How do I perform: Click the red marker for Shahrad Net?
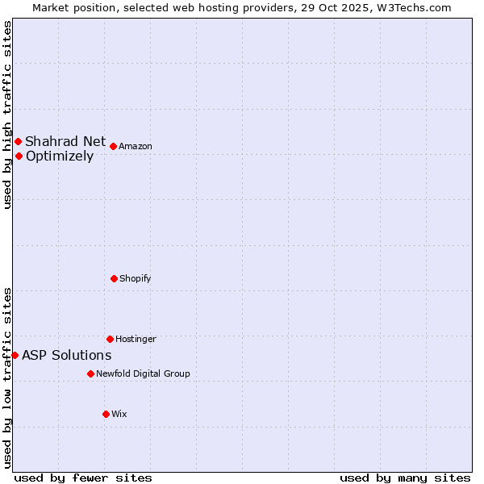tap(18, 142)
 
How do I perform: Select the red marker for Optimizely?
tap(19, 156)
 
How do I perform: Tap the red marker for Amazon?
tap(113, 146)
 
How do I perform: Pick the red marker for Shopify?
tap(114, 278)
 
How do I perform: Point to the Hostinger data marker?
tap(110, 339)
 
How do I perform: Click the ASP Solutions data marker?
tap(15, 355)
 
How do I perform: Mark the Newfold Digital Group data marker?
tap(90, 373)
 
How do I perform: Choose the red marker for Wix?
tap(106, 414)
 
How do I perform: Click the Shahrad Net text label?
tap(65, 142)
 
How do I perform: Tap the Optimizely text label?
tap(60, 156)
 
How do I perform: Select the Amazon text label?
tap(136, 146)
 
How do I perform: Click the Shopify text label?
tap(136, 278)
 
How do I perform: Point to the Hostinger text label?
tap(136, 339)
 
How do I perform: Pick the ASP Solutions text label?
tap(66, 356)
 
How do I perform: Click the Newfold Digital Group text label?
tap(143, 373)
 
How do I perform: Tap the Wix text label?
tap(119, 414)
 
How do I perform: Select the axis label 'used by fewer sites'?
tap(83, 478)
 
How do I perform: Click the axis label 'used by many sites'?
tap(405, 478)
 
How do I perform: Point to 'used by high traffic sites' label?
tap(7, 115)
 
